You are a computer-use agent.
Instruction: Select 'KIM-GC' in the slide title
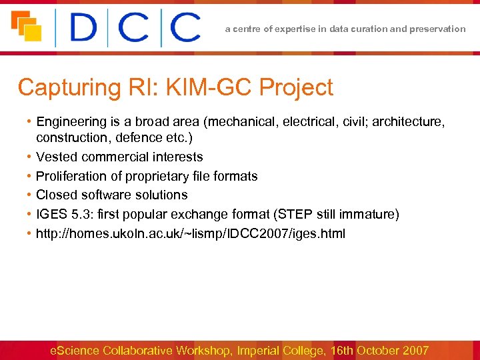click(209, 87)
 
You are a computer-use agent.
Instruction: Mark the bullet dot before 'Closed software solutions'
click(29, 195)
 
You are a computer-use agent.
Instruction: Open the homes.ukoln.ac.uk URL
click(191, 234)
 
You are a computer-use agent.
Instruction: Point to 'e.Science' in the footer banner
click(75, 351)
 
